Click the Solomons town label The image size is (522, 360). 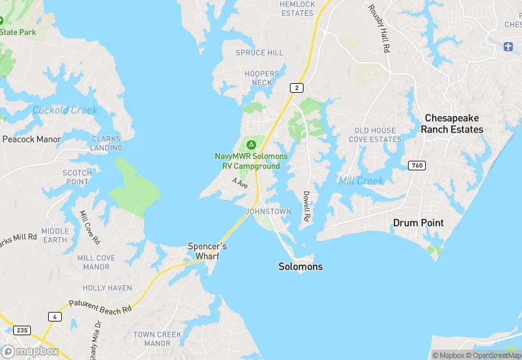(x=300, y=267)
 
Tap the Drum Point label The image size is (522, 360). (x=418, y=223)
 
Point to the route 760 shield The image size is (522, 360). (x=416, y=166)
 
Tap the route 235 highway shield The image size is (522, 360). (x=22, y=330)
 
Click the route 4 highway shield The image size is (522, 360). (x=54, y=316)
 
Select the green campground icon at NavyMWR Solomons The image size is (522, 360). (x=251, y=144)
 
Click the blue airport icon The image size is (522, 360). (x=508, y=46)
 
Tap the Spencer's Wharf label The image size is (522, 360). (x=207, y=251)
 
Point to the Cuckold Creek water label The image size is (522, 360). (x=65, y=110)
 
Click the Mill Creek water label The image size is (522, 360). (x=361, y=181)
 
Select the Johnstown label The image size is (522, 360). (x=269, y=212)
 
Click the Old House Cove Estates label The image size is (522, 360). (x=377, y=135)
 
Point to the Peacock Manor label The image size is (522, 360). (x=32, y=139)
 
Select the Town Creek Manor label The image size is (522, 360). (x=157, y=339)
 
